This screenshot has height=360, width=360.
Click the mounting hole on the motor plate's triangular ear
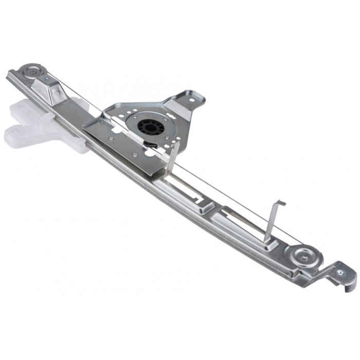[x=194, y=99]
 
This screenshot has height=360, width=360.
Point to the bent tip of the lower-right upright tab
[x=280, y=203]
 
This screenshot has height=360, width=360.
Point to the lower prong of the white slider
[x=21, y=136]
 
